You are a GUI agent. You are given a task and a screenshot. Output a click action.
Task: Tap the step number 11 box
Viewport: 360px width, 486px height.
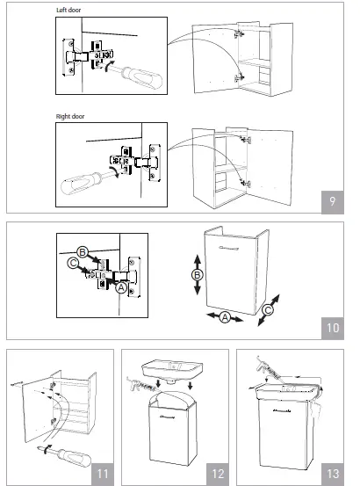coord(104,473)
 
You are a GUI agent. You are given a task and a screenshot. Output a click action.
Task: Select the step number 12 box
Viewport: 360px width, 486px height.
coord(218,473)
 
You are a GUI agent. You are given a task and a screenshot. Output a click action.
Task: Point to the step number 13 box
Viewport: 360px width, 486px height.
coord(335,473)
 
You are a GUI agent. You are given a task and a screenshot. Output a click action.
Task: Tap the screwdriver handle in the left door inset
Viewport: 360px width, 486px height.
coord(140,79)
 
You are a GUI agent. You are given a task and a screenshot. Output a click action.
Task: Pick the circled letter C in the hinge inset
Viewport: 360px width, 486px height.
coord(71,261)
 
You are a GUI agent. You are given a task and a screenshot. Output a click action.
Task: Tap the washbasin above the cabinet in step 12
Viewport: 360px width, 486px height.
coord(175,371)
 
